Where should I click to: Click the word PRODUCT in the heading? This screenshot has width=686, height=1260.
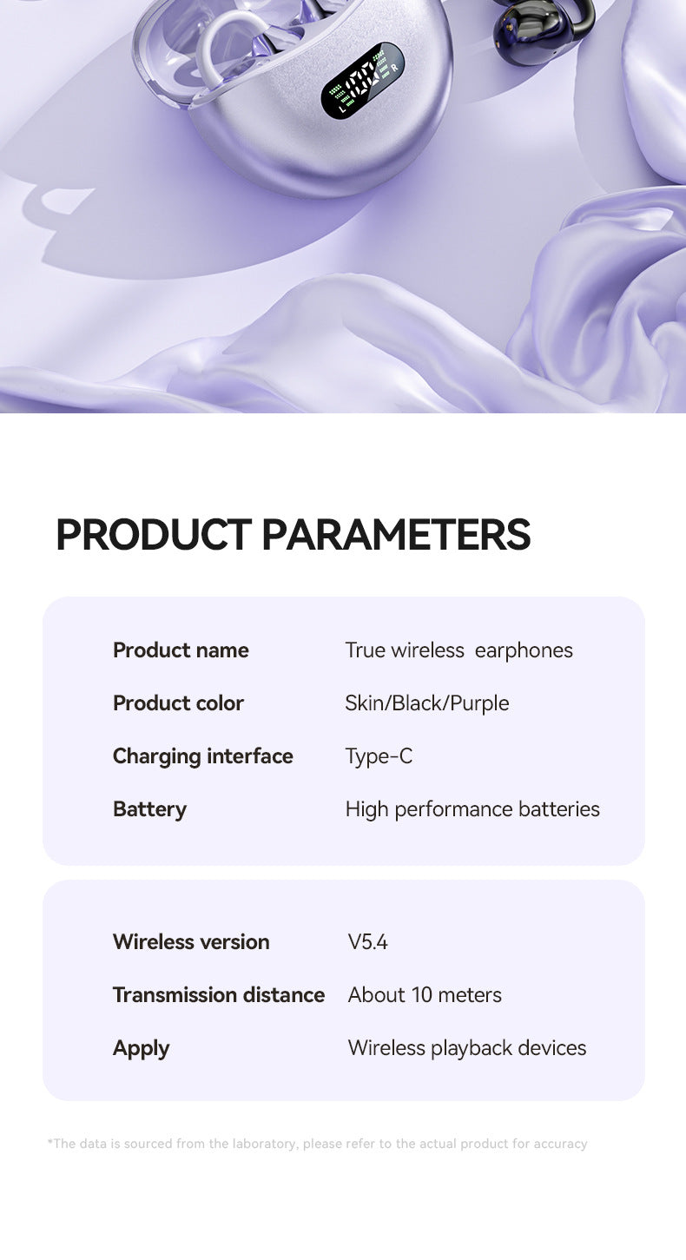click(x=154, y=535)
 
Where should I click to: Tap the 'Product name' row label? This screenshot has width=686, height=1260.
click(x=181, y=650)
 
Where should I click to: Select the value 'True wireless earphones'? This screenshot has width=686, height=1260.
click(x=458, y=650)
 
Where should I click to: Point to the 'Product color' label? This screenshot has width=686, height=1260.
click(x=178, y=703)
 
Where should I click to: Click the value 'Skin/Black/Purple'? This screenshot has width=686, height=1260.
click(x=426, y=703)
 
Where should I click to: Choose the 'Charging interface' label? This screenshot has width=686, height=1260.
click(x=202, y=756)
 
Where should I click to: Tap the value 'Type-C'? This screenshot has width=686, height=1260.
click(x=379, y=756)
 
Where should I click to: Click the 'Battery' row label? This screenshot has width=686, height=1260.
click(x=149, y=809)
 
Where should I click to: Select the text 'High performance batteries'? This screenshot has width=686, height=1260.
click(x=472, y=809)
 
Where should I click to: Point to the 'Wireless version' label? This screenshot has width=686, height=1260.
click(x=191, y=942)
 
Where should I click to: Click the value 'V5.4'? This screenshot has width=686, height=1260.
click(x=367, y=942)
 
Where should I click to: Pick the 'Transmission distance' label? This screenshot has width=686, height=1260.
click(x=218, y=995)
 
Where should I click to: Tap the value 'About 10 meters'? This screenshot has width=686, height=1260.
click(x=425, y=995)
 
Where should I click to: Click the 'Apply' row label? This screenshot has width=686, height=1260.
click(x=141, y=1048)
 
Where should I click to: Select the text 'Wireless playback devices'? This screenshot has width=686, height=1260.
click(x=467, y=1048)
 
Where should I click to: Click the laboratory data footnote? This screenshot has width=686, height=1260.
click(x=317, y=1144)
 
